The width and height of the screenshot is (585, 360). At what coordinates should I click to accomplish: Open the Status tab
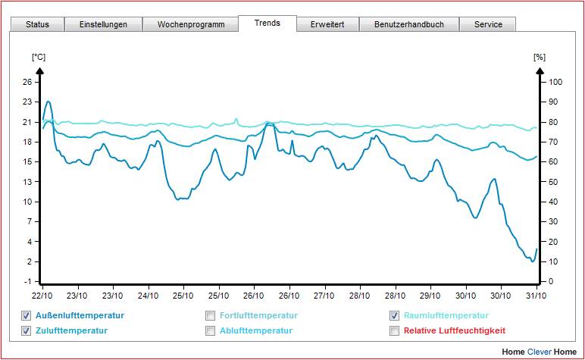click(37, 24)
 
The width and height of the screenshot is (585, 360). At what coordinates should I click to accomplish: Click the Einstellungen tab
click(103, 24)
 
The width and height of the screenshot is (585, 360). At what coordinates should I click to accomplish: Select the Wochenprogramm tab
click(191, 24)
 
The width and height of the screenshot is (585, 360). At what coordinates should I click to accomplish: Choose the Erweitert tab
click(327, 24)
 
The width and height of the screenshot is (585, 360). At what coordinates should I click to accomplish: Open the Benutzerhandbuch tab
click(409, 24)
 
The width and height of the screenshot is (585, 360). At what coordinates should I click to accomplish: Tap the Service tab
click(488, 24)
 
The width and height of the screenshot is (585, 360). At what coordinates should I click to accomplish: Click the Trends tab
click(267, 23)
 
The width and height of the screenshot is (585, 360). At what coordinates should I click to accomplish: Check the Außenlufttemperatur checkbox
click(26, 315)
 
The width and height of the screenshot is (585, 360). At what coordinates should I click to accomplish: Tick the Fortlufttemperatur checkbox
click(211, 315)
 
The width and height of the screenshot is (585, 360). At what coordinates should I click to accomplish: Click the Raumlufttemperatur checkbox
click(394, 315)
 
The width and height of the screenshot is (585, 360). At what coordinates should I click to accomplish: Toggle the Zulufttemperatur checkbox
click(26, 330)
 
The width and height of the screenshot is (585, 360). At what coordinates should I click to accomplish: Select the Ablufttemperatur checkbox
click(211, 330)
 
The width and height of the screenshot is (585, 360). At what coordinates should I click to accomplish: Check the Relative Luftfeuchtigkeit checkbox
click(394, 330)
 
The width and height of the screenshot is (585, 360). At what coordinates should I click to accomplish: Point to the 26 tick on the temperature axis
click(27, 82)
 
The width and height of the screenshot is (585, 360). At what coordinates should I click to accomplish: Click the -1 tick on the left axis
click(27, 281)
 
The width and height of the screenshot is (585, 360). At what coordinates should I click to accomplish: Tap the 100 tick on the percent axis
click(555, 82)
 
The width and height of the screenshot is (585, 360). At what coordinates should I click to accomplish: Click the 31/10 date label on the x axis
click(537, 296)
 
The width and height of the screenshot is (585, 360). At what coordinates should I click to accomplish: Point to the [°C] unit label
click(39, 57)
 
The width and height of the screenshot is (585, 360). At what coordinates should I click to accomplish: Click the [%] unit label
click(540, 57)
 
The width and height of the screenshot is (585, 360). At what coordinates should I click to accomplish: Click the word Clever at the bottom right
click(540, 352)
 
